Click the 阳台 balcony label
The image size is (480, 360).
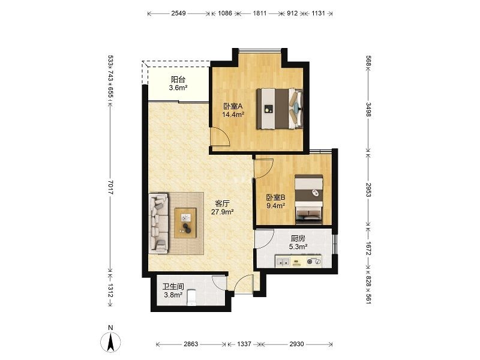click(178, 80)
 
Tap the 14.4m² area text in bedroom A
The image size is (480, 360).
click(233, 115)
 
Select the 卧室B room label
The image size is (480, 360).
click(275, 197)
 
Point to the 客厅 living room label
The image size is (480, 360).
click(223, 203)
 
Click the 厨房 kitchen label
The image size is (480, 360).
click(298, 238)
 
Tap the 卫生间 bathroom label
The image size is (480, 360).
click(173, 287)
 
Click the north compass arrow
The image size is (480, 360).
click(110, 341)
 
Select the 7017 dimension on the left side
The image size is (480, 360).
click(111, 187)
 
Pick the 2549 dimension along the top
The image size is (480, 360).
click(178, 13)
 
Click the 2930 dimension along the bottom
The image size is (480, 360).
click(296, 344)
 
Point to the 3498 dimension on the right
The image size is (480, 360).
click(368, 109)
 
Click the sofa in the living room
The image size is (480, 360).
click(158, 223)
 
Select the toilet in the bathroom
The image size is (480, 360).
click(191, 298)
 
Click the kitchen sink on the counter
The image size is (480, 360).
click(283, 262)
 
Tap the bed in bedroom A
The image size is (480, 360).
click(280, 109)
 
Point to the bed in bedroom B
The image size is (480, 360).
click(309, 199)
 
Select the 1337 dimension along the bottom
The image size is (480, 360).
click(244, 344)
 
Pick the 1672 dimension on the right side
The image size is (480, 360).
click(368, 248)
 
